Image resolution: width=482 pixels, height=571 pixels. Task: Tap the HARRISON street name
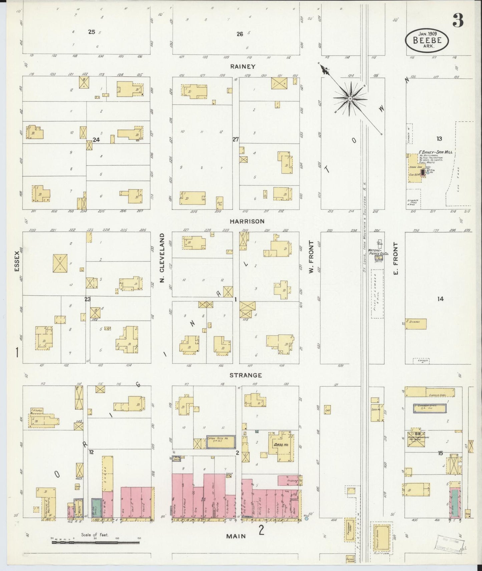[247, 221]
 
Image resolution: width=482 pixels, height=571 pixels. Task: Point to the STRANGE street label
[246, 375]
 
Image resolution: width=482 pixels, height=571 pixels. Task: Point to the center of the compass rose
[350, 99]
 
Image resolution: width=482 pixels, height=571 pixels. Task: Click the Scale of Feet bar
[95, 543]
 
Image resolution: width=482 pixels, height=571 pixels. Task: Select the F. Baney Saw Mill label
[435, 152]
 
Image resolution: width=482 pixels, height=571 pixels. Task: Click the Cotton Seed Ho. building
[219, 442]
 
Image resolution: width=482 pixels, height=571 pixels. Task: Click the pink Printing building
[289, 480]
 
